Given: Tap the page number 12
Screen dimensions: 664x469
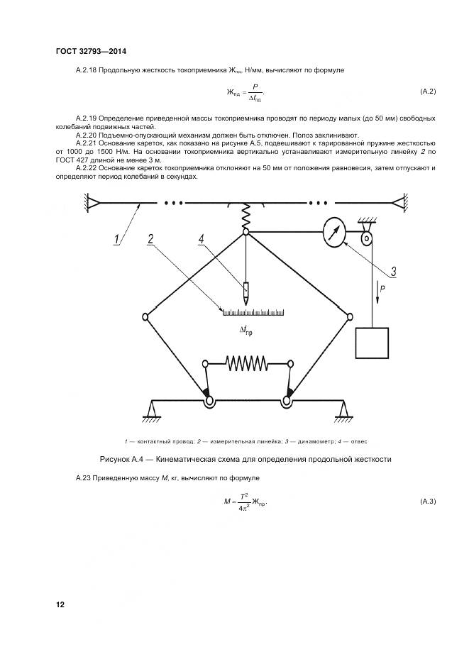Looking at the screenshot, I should click(x=60, y=604).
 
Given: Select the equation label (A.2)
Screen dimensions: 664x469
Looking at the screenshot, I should click(x=427, y=92).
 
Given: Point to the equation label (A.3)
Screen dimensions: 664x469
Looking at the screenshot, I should click(x=427, y=502).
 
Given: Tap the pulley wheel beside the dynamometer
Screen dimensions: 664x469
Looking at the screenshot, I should click(x=366, y=239).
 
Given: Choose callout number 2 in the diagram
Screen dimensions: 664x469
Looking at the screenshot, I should click(x=150, y=239).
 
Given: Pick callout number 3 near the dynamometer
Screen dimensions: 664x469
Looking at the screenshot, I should click(x=392, y=270).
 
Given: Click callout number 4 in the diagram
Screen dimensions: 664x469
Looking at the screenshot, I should click(x=202, y=239).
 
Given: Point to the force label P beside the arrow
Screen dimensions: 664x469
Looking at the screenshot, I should click(x=382, y=289).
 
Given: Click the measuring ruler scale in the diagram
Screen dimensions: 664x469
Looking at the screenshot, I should click(x=253, y=312).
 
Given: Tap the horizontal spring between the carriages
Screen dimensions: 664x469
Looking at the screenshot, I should click(x=246, y=363).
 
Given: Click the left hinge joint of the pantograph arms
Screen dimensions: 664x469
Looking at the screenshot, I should click(x=145, y=316).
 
